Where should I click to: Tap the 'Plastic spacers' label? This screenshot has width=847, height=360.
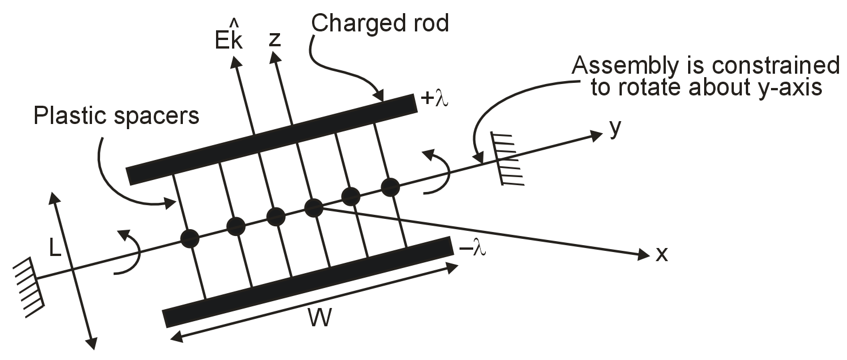tap(116, 116)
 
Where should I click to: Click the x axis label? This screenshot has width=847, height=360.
tap(661, 254)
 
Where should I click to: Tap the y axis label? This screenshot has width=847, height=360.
tap(615, 129)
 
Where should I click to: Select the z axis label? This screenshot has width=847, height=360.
tap(275, 39)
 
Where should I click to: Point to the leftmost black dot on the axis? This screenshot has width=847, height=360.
tap(190, 238)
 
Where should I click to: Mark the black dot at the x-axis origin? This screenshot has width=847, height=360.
tap(313, 207)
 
